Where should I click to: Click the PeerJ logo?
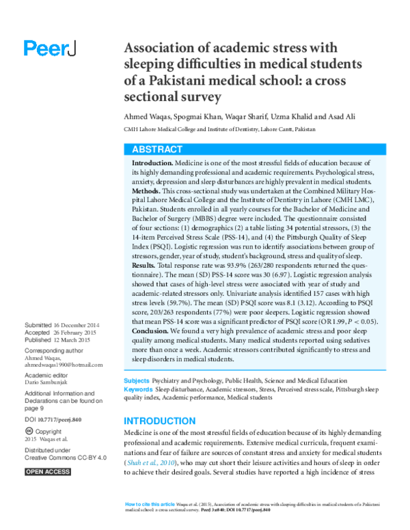(50, 48)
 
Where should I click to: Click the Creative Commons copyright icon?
(28, 432)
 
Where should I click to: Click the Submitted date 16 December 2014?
(81, 325)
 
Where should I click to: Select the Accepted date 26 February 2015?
(81, 332)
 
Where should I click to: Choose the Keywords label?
(139, 389)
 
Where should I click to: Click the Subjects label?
(137, 380)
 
